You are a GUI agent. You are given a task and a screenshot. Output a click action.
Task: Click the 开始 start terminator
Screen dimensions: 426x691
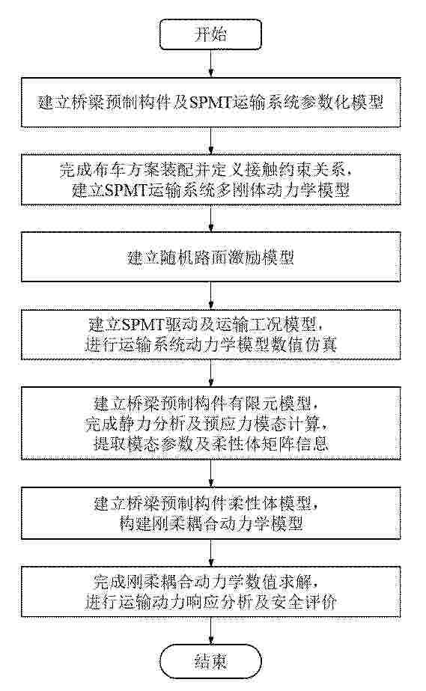tap(211, 34)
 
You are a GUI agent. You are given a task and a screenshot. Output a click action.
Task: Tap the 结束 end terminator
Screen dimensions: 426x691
tap(211, 661)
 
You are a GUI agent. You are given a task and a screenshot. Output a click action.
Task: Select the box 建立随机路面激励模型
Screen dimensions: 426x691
tap(211, 257)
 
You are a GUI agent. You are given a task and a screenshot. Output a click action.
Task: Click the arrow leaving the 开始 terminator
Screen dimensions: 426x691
tap(211, 64)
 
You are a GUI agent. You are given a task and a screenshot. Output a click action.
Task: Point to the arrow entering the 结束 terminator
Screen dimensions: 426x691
tap(211, 630)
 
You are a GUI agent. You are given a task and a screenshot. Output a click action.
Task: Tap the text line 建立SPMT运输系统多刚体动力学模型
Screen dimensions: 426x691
tap(211, 190)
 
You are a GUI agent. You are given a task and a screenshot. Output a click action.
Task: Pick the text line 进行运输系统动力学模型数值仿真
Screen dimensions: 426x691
tap(211, 344)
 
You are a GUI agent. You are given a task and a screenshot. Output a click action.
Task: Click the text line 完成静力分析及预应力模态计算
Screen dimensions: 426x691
tap(207, 424)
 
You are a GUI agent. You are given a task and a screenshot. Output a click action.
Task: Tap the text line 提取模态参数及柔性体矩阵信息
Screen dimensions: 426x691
tap(211, 443)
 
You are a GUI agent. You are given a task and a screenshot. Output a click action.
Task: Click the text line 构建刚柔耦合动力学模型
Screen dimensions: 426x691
tap(211, 523)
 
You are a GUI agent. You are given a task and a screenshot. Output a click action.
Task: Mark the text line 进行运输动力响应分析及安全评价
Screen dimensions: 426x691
tap(211, 602)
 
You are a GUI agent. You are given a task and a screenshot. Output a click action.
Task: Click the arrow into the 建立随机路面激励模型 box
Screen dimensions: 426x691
tap(211, 219)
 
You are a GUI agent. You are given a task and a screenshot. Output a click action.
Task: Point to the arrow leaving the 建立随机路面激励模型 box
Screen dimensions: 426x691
tap(211, 296)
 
